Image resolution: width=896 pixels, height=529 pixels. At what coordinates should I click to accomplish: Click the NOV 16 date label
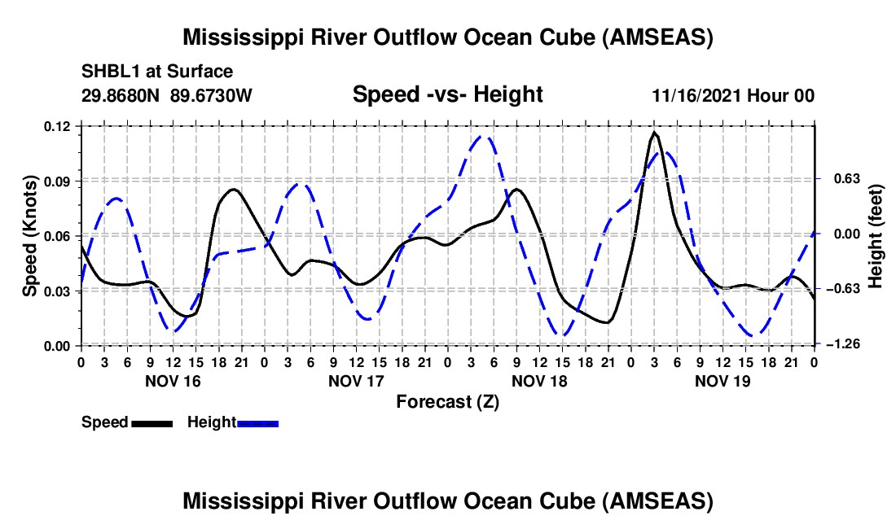pyautogui.click(x=172, y=381)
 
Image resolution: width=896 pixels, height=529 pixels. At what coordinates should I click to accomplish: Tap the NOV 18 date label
pyautogui.click(x=539, y=381)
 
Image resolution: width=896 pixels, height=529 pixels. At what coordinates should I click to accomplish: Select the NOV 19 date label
pyautogui.click(x=723, y=381)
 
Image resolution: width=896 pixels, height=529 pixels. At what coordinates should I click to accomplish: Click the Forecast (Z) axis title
pyautogui.click(x=447, y=401)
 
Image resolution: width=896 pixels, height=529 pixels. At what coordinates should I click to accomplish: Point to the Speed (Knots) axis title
pyautogui.click(x=30, y=236)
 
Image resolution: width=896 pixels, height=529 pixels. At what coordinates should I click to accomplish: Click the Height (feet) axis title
pyautogui.click(x=876, y=236)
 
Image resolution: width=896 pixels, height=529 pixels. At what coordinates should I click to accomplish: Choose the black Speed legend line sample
pyautogui.click(x=151, y=422)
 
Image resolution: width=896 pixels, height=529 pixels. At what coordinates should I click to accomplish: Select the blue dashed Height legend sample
pyautogui.click(x=258, y=422)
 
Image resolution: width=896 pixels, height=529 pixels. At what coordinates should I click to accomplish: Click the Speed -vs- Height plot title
pyautogui.click(x=447, y=95)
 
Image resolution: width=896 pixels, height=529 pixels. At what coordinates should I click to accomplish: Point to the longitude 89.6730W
pyautogui.click(x=212, y=96)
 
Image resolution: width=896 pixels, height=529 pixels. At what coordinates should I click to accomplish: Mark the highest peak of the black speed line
pyautogui.click(x=655, y=132)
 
